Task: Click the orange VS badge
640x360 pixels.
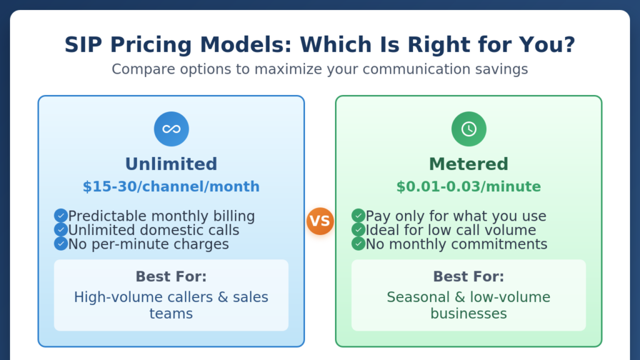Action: point(320,221)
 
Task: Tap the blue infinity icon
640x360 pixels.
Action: point(171,129)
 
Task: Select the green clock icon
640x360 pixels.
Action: point(469,129)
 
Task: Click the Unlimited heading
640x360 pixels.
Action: point(171,164)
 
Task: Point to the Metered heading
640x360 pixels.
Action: point(469,164)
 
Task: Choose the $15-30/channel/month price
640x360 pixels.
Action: point(171,186)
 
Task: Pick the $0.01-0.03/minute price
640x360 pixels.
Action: point(469,186)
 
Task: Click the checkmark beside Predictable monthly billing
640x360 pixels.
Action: point(61,216)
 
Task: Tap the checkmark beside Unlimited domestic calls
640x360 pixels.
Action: point(61,230)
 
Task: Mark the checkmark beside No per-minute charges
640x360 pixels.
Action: point(61,244)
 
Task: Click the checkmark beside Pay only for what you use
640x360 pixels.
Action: point(358,216)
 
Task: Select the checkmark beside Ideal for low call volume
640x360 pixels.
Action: point(358,230)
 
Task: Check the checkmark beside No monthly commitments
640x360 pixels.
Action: point(358,244)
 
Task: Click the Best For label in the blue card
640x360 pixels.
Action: point(171,276)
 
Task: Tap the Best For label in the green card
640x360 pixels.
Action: point(469,276)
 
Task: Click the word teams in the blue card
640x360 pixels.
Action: point(171,314)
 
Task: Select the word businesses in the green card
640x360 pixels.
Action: point(469,314)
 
